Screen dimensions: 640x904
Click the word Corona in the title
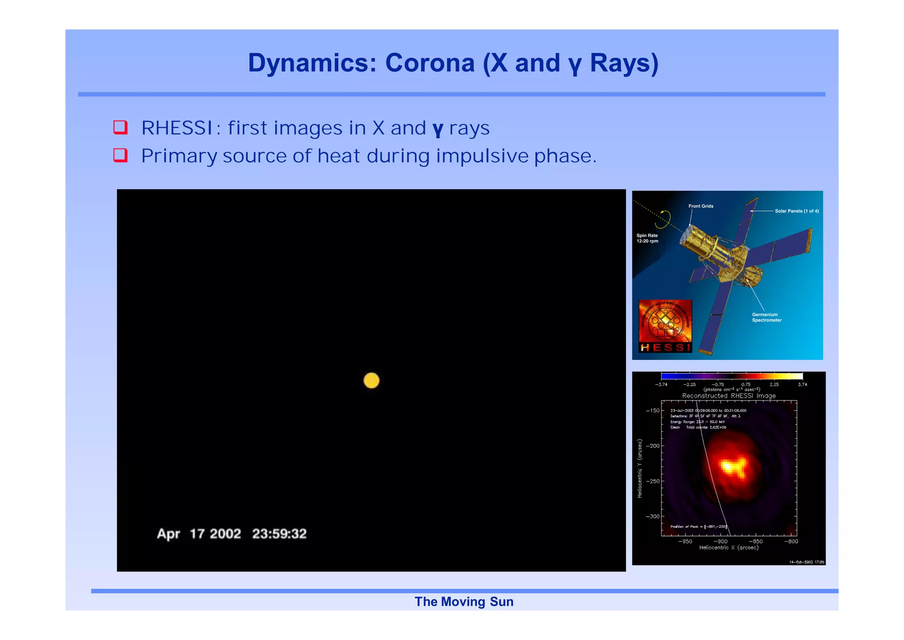click(429, 63)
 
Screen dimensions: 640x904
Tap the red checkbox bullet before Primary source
click(121, 155)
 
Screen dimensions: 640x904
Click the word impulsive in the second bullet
click(482, 156)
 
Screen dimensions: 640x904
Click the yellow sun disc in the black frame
click(371, 380)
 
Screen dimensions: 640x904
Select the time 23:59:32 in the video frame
click(279, 533)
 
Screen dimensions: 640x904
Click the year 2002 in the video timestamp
click(225, 533)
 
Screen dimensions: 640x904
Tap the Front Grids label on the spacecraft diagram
click(701, 206)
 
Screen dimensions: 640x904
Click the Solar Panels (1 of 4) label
click(796, 211)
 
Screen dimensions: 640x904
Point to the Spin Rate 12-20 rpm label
click(647, 238)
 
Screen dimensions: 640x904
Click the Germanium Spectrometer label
click(766, 317)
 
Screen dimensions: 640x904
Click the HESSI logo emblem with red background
click(665, 326)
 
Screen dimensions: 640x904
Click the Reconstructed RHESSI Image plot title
click(728, 396)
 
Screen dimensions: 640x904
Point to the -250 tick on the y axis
click(652, 481)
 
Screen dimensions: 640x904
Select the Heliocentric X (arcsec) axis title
click(728, 548)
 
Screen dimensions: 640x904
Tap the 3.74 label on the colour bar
click(802, 385)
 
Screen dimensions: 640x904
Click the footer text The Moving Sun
click(463, 602)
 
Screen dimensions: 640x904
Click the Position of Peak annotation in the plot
click(697, 526)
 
